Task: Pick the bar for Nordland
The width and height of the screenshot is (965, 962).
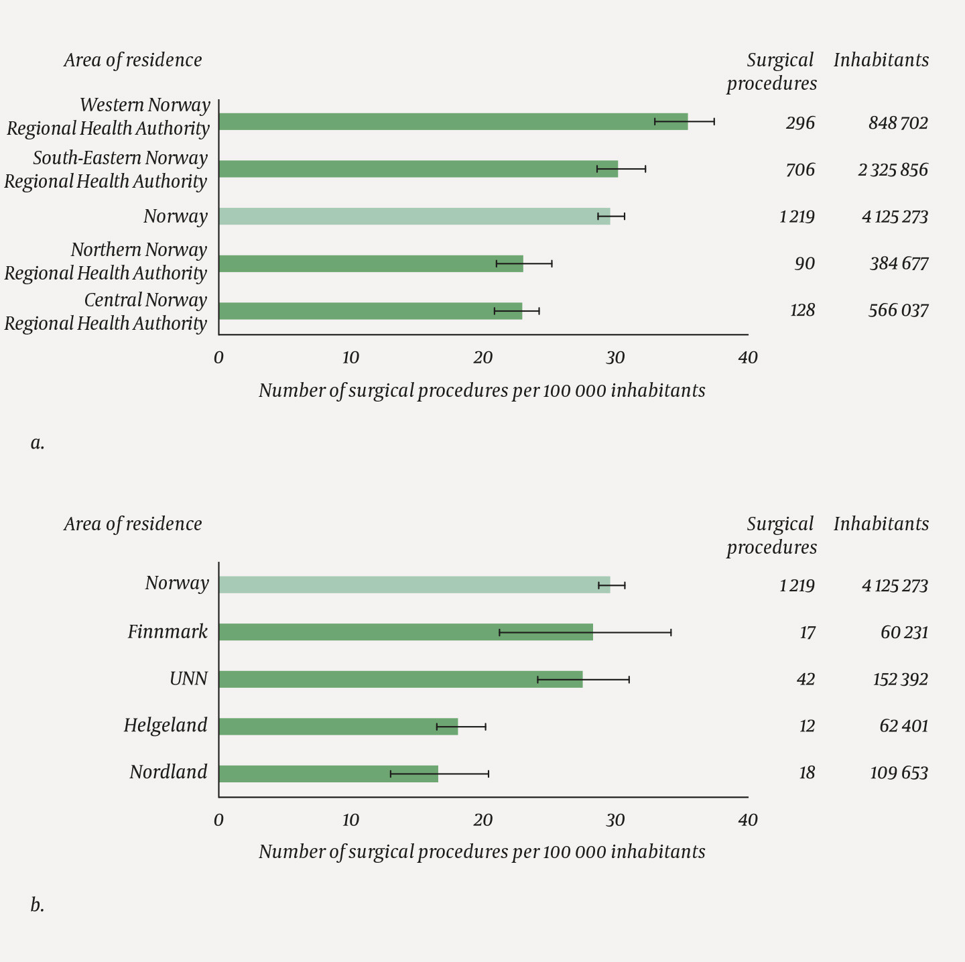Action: (328, 774)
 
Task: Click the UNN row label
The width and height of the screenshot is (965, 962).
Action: (188, 679)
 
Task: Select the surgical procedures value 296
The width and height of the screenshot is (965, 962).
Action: (800, 123)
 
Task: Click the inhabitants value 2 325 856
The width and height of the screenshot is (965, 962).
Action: (893, 170)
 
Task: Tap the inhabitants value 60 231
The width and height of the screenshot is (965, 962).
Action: (904, 633)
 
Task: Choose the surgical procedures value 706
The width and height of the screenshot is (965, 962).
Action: (800, 170)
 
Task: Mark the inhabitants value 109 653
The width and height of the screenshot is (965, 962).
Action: (899, 774)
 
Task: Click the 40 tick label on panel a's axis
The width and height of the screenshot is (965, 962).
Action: (748, 358)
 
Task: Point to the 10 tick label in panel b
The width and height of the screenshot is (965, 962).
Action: (350, 821)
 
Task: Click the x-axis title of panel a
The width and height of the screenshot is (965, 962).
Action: (482, 391)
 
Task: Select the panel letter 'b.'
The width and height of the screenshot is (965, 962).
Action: (38, 906)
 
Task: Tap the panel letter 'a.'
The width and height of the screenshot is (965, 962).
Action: (38, 443)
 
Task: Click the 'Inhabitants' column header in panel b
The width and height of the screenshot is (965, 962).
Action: (881, 524)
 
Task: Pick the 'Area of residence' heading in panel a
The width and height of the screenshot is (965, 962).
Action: (133, 60)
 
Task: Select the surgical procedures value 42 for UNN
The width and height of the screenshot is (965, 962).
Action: (806, 680)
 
